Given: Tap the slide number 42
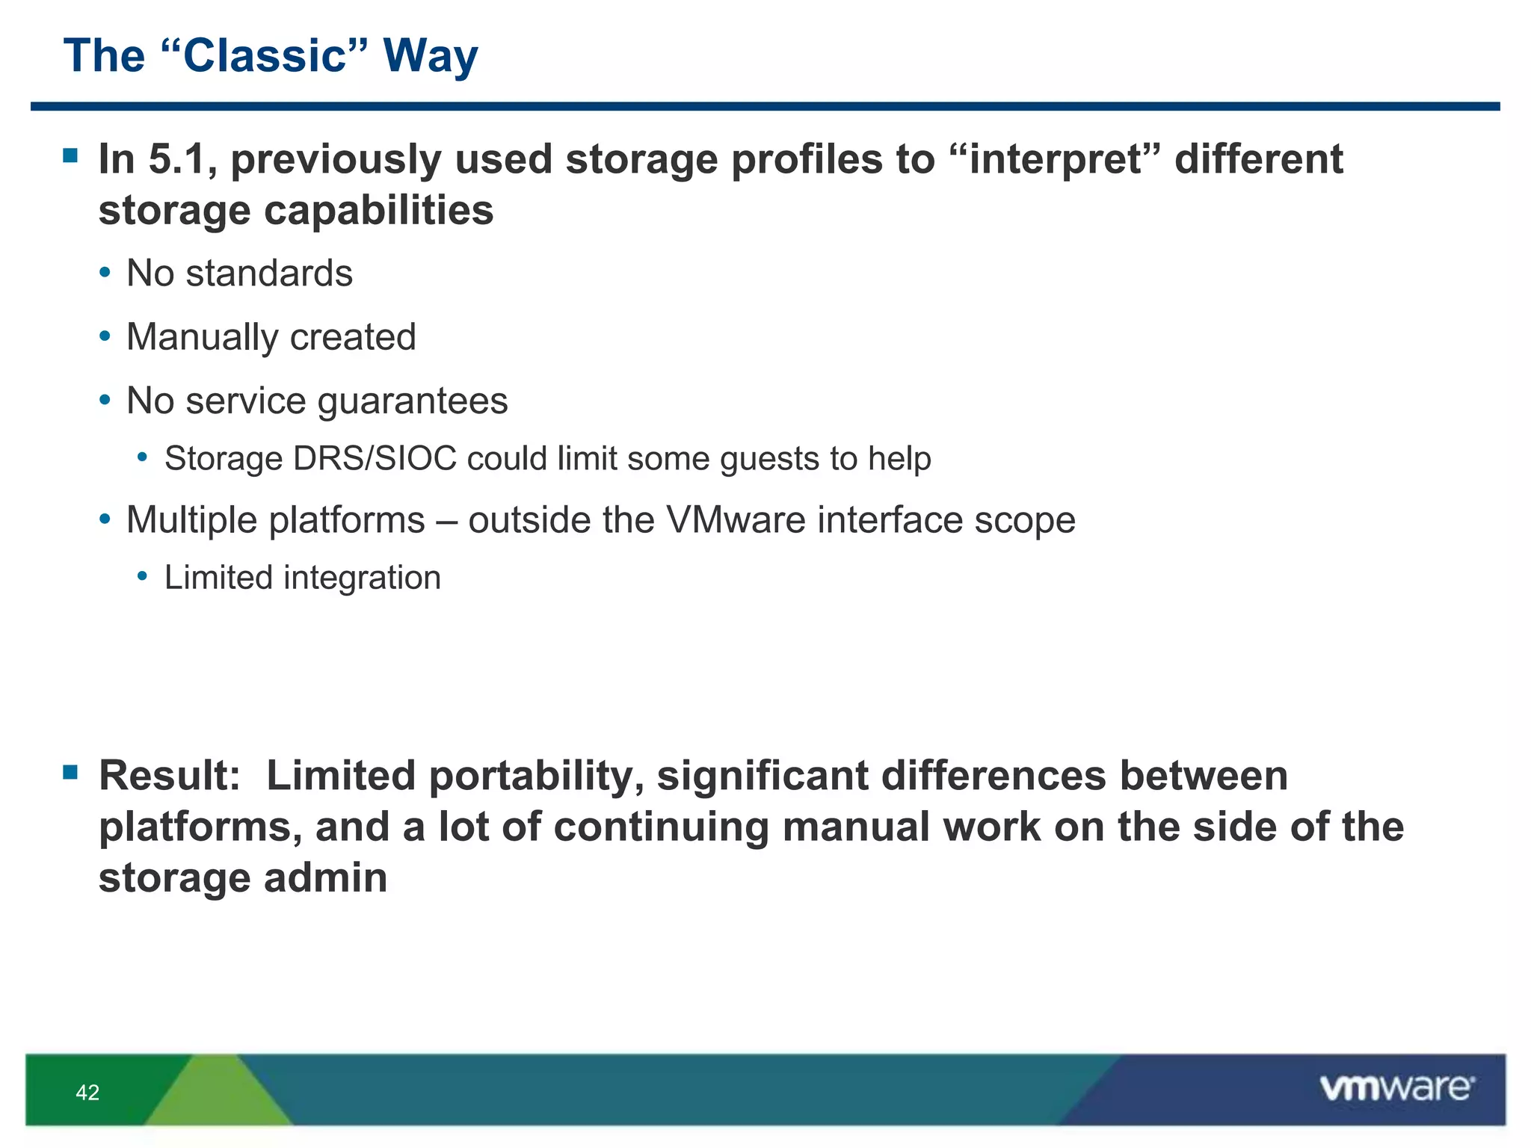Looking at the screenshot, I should [x=87, y=1093].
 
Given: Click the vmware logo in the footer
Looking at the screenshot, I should [x=1396, y=1087].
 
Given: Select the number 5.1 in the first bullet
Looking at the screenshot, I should [x=176, y=159].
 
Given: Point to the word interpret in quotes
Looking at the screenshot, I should [x=1055, y=160].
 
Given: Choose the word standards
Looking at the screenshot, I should [x=269, y=274].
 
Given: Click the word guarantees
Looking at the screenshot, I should [x=413, y=401].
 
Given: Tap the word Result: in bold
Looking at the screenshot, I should [x=170, y=776].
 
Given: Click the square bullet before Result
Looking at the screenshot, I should [x=70, y=772].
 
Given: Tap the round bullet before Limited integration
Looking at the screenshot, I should [x=143, y=576].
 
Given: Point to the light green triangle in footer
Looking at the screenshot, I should [x=217, y=1095].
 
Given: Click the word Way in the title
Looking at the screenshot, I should [x=430, y=56].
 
